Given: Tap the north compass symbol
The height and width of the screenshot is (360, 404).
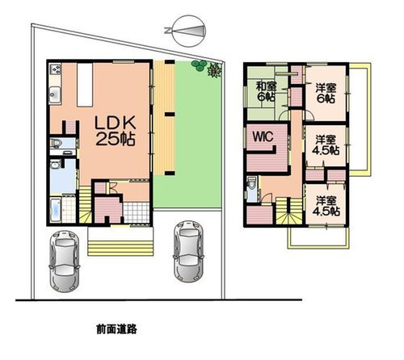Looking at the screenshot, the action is [x=187, y=30].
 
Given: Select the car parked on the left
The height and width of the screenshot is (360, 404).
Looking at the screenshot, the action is [x=64, y=261].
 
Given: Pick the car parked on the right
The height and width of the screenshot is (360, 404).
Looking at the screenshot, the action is [x=188, y=252].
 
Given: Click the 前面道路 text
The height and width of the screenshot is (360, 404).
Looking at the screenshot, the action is [x=117, y=329].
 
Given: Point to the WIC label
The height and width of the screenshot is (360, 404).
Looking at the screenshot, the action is [x=263, y=137].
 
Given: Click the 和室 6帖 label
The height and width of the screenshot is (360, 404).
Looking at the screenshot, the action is [x=266, y=92].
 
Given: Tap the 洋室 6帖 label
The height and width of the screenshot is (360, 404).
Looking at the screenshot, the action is [x=326, y=94].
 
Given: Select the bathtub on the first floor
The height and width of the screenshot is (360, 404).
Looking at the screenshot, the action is [x=56, y=210].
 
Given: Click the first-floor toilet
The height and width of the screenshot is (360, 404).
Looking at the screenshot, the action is [x=56, y=143].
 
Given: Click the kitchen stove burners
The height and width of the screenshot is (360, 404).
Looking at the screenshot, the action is [x=56, y=69].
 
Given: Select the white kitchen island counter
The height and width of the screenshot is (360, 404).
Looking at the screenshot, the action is [x=85, y=85].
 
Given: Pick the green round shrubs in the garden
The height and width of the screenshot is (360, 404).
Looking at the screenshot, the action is [x=199, y=65].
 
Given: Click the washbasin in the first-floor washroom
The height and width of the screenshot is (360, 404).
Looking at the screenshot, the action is [x=56, y=164].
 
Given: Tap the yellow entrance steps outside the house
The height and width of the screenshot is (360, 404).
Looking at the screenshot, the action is [x=120, y=248].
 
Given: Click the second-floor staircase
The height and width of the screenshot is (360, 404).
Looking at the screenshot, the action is [x=288, y=211].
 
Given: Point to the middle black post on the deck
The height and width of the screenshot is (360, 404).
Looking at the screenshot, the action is [x=170, y=114].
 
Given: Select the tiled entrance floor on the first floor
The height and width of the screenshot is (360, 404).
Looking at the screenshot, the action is [x=137, y=212].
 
